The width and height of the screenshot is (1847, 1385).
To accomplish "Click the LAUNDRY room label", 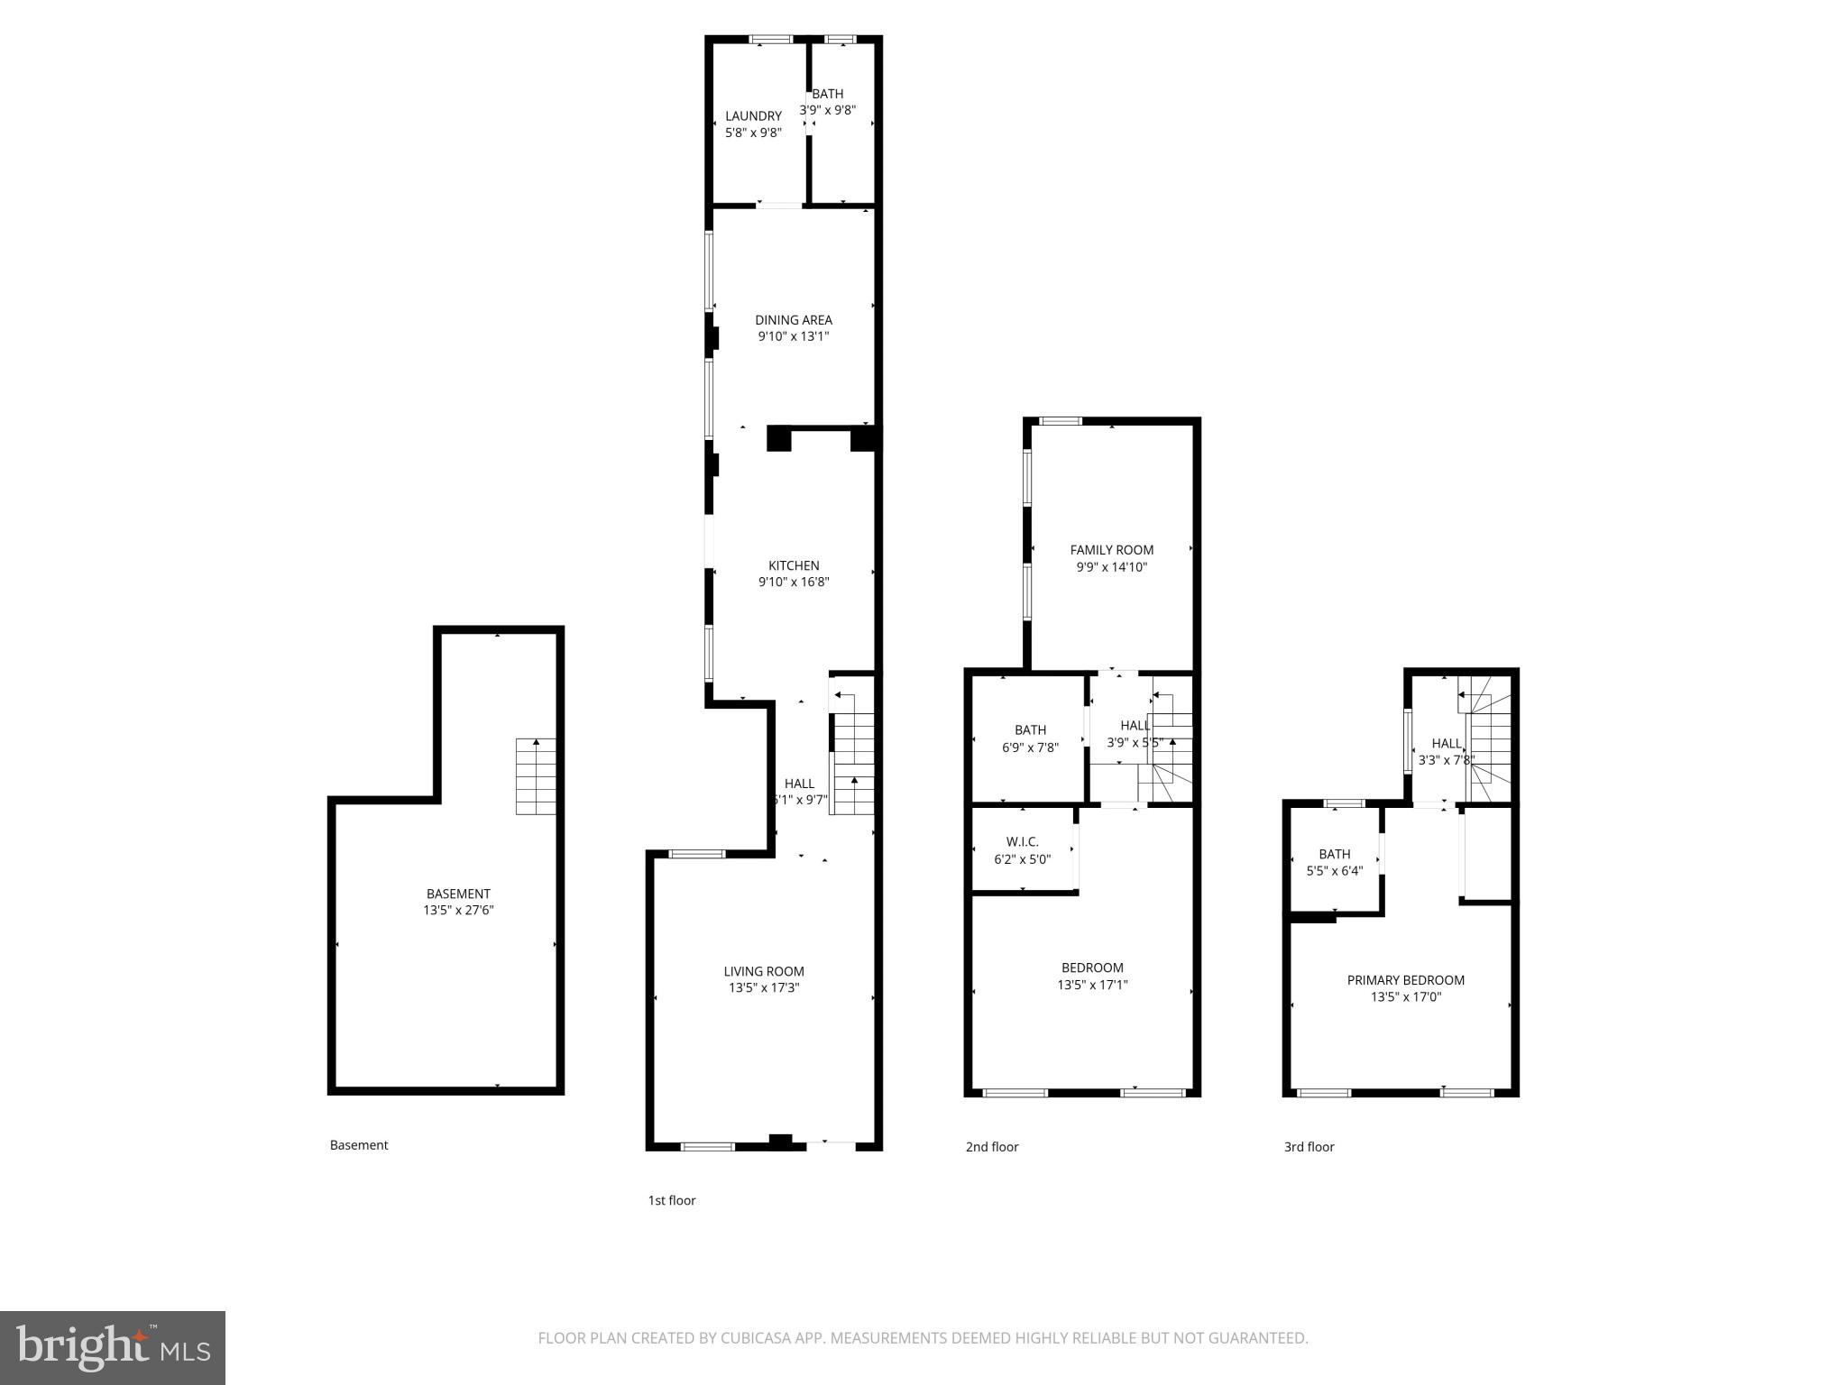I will [753, 116].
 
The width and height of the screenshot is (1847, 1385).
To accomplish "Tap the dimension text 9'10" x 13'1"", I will [793, 336].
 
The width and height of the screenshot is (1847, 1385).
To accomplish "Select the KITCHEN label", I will [794, 565].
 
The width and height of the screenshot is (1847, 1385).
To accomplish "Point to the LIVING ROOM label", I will [764, 971].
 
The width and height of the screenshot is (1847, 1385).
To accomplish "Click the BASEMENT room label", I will [458, 894].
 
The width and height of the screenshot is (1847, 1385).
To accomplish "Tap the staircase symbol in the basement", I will [535, 776].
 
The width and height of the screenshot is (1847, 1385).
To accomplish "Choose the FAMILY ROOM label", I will [1111, 550].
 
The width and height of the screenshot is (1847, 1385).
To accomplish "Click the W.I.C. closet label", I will [1022, 842].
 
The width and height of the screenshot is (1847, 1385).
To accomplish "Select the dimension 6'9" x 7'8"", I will [1030, 748].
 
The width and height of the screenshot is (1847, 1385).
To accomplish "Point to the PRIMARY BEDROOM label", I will [1405, 980].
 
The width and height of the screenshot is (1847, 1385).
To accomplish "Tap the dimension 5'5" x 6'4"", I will [1334, 871].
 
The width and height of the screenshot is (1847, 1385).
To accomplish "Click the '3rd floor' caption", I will [1309, 1147].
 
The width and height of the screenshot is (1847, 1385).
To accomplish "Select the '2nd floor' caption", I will [992, 1147].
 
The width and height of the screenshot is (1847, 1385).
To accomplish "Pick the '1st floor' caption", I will [672, 1200].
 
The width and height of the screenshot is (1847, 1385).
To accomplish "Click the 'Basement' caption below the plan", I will [359, 1145].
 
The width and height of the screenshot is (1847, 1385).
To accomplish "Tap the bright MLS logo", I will [113, 1348].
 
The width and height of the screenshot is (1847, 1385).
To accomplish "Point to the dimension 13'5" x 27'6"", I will [458, 911].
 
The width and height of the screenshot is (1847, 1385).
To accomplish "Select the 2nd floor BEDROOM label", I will [1092, 968].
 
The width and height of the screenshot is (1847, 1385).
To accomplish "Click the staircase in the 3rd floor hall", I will [1490, 739].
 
